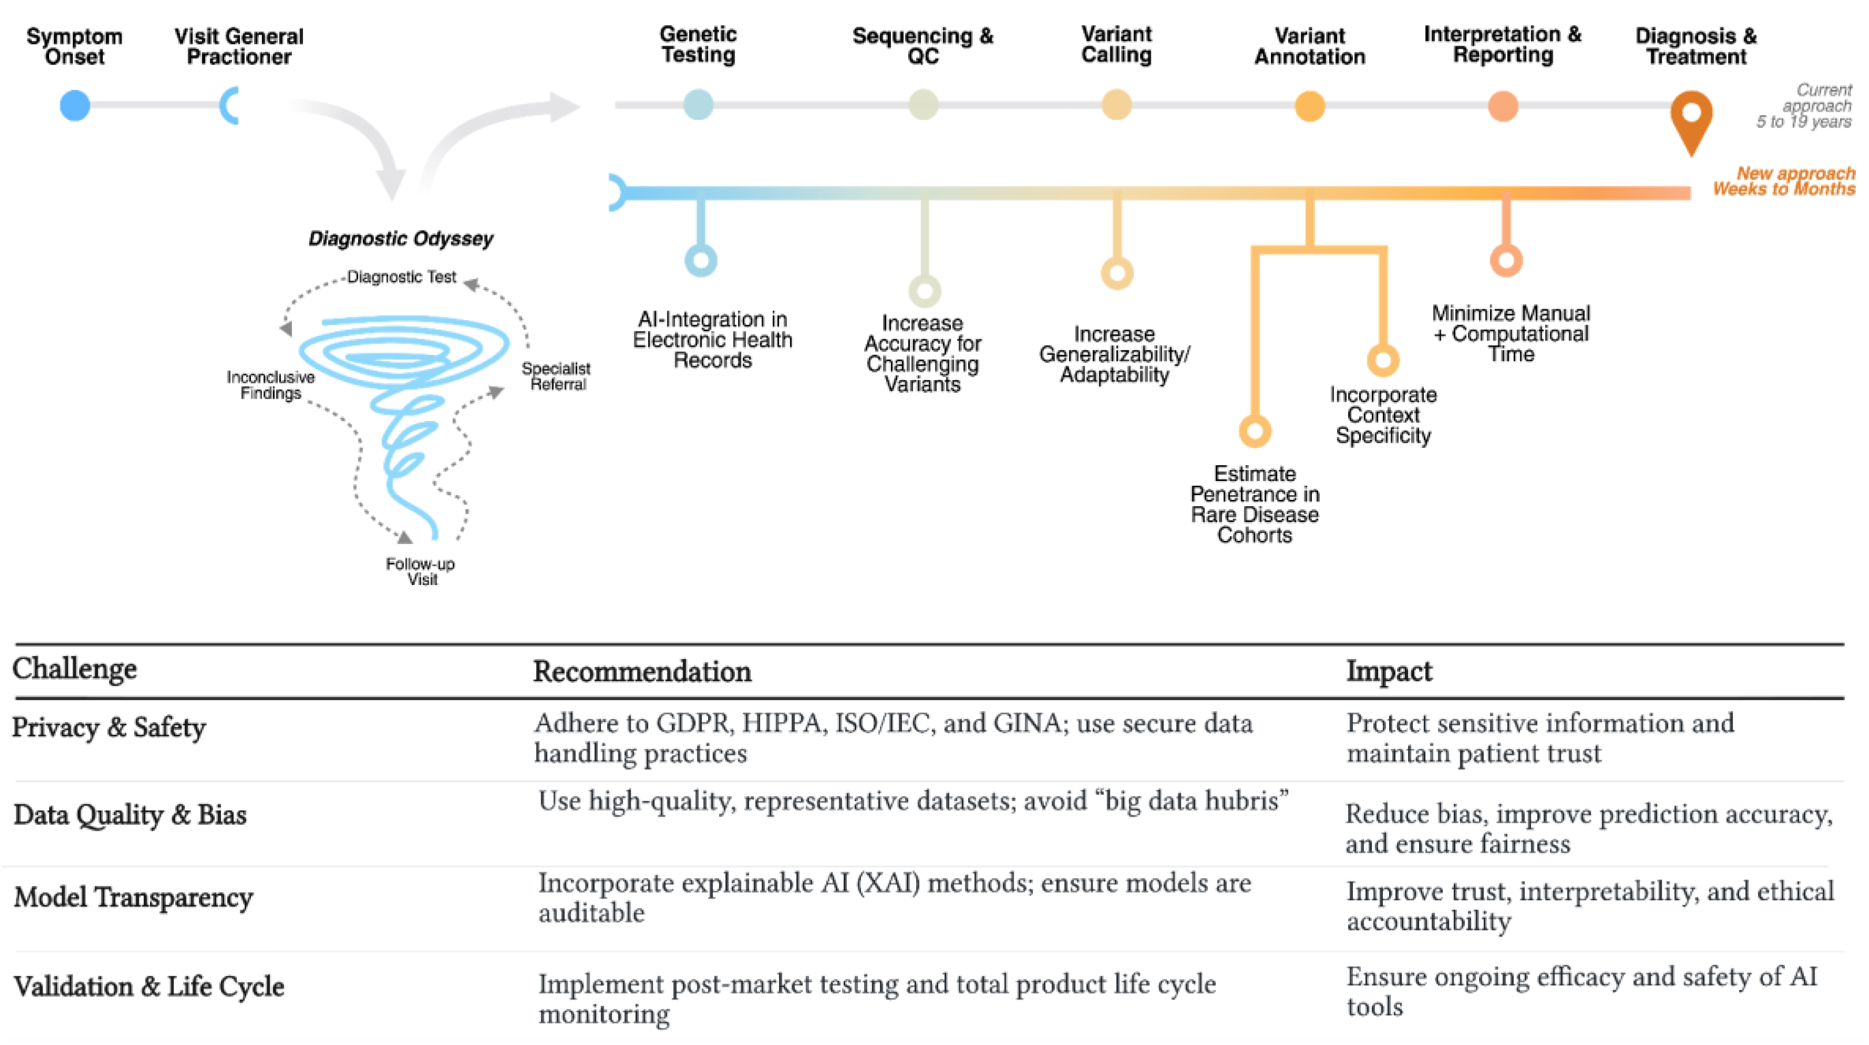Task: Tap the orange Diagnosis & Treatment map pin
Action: pyautogui.click(x=1691, y=120)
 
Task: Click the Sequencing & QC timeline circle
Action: pyautogui.click(x=923, y=104)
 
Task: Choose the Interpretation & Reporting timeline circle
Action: pyautogui.click(x=1503, y=106)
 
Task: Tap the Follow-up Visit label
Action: pyautogui.click(x=421, y=571)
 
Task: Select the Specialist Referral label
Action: pyautogui.click(x=556, y=376)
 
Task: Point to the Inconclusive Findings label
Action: pyautogui.click(x=270, y=384)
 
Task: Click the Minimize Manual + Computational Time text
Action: pyautogui.click(x=1511, y=334)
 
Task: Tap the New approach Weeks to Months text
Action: pyautogui.click(x=1784, y=181)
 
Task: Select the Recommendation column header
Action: pyautogui.click(x=642, y=671)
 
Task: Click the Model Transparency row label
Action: pyautogui.click(x=133, y=897)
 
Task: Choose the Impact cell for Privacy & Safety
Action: pyautogui.click(x=1540, y=738)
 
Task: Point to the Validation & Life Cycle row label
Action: pyautogui.click(x=149, y=986)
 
